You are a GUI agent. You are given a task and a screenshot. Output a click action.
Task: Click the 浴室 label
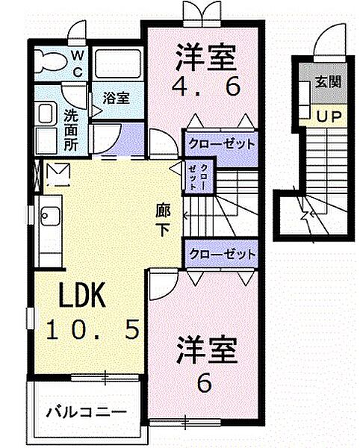click(116, 98)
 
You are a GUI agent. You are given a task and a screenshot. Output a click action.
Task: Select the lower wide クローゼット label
click(221, 253)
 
